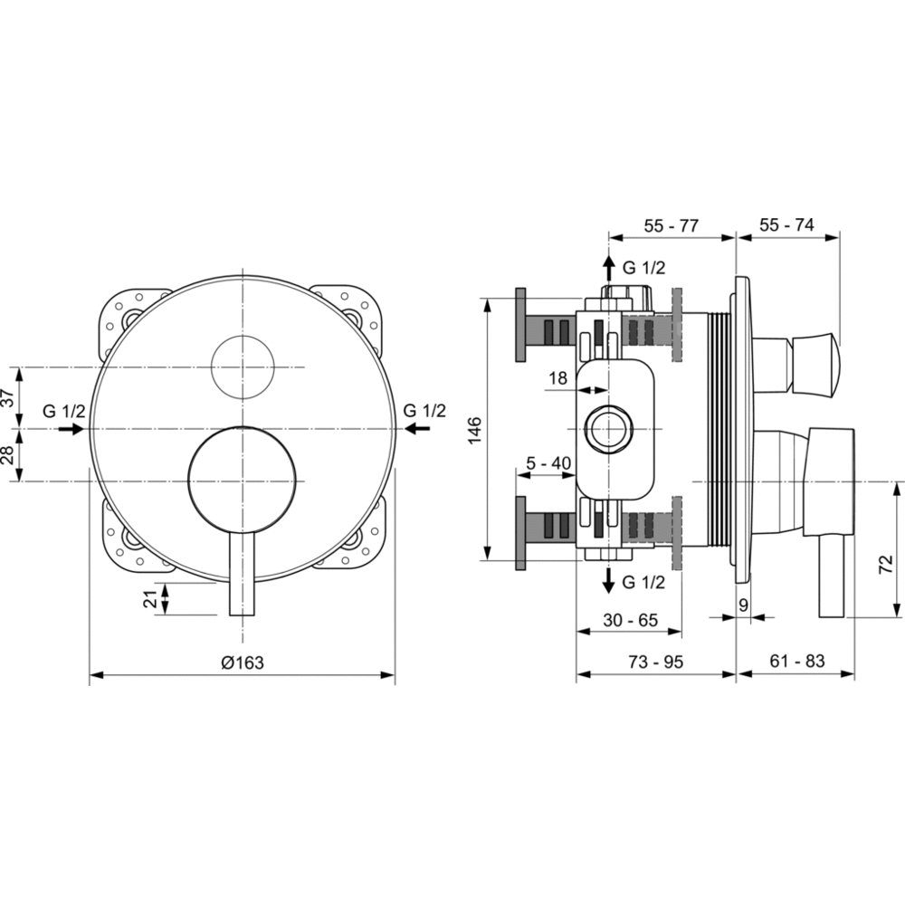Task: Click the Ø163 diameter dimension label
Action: click(243, 662)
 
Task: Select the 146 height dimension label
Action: click(474, 430)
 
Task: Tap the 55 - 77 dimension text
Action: click(671, 225)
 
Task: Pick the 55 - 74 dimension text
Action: click(786, 224)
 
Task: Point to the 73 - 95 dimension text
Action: click(655, 662)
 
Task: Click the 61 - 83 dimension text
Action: click(797, 661)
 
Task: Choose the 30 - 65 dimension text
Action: click(630, 620)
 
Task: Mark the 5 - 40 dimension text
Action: click(548, 462)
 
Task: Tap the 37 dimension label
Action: click(8, 397)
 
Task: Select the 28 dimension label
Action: click(8, 455)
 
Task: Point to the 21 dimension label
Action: click(150, 599)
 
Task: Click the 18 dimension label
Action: click(558, 378)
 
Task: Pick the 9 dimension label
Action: click(743, 605)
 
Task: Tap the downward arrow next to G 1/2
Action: click(608, 581)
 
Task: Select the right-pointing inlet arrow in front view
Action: click(71, 429)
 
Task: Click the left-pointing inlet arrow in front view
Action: click(417, 428)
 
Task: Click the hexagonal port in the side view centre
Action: click(608, 430)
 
